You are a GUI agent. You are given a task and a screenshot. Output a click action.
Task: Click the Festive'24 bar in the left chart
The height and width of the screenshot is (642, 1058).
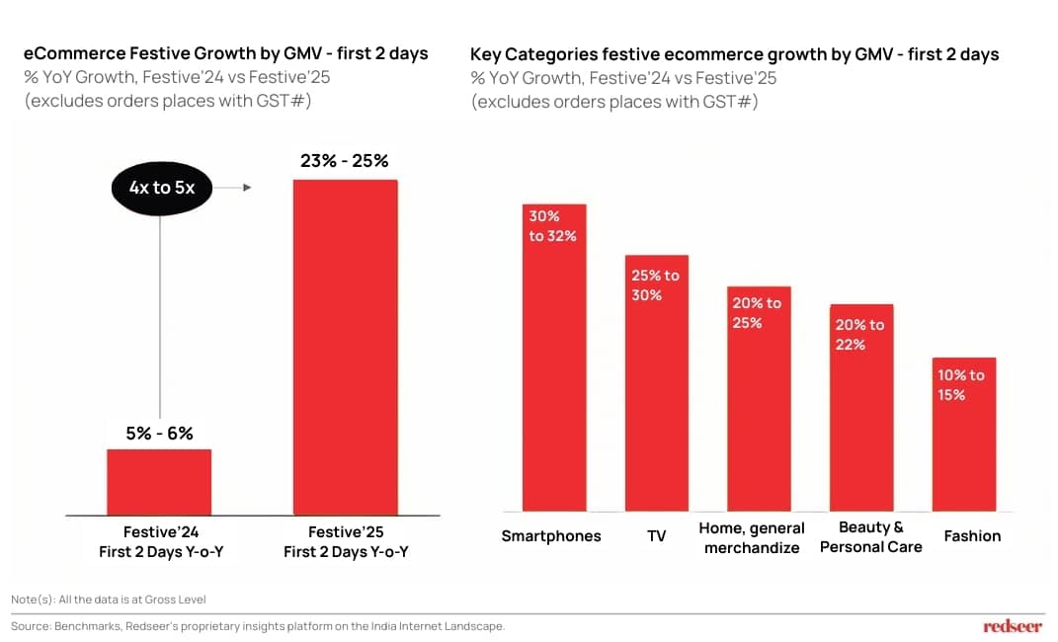click(x=159, y=481)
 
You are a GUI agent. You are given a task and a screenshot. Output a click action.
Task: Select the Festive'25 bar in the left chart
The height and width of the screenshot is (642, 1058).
click(x=345, y=346)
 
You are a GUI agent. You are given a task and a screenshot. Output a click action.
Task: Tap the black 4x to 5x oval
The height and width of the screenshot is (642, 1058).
click(x=160, y=187)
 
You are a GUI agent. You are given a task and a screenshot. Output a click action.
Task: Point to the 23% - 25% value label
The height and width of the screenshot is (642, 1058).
click(x=345, y=161)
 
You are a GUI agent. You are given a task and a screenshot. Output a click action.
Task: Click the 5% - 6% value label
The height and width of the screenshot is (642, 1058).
click(x=159, y=433)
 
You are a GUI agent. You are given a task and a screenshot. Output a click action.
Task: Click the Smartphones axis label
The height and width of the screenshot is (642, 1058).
click(x=551, y=536)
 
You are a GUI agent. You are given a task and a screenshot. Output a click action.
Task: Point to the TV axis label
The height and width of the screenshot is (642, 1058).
click(x=657, y=536)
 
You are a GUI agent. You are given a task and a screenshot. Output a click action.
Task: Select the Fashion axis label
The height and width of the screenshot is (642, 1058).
click(x=972, y=536)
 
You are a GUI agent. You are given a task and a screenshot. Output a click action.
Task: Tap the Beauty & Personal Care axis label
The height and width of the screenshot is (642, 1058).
click(x=870, y=537)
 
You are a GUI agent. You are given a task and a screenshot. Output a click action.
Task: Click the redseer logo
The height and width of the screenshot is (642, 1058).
click(x=1013, y=626)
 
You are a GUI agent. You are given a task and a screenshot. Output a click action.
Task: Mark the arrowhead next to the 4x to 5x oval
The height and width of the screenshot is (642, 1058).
click(x=246, y=187)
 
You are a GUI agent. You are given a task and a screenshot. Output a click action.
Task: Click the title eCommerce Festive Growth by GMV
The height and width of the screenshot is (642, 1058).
click(x=225, y=53)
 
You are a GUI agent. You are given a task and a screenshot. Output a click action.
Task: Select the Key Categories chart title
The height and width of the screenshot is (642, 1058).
click(x=734, y=54)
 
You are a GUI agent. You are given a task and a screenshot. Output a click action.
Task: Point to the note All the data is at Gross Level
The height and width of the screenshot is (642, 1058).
click(x=109, y=600)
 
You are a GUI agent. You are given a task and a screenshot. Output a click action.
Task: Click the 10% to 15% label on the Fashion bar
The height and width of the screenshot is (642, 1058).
click(x=961, y=384)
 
